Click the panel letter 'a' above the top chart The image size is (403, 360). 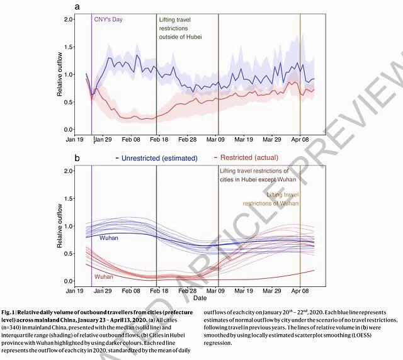coord(77,7)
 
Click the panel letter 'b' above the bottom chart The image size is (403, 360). coord(77,159)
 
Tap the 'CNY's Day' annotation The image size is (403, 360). coord(108,20)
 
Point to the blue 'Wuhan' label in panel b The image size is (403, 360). coord(108,237)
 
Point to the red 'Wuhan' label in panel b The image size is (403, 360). coord(105,277)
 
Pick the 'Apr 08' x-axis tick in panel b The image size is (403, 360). coord(300,291)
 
